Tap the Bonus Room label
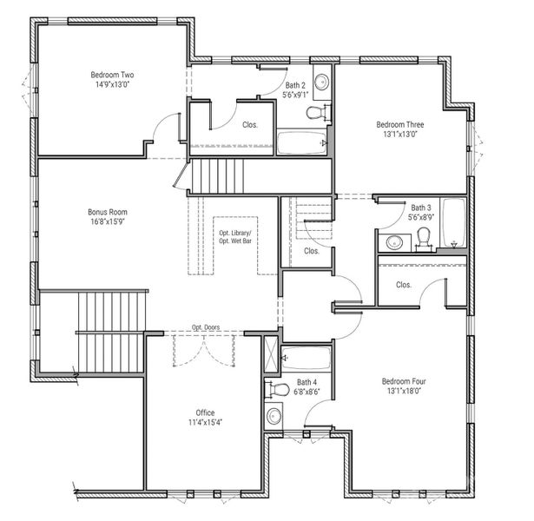(x=108, y=211)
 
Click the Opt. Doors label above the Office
(x=206, y=327)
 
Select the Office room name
(x=205, y=412)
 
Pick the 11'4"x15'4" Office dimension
(x=205, y=423)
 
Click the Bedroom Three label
(x=400, y=124)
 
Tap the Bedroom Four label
(x=405, y=380)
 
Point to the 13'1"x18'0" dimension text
(x=405, y=391)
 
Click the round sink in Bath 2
(x=321, y=83)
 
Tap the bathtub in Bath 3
(x=452, y=222)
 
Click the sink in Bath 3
(x=393, y=241)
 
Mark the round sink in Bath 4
(x=274, y=416)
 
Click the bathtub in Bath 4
(x=307, y=357)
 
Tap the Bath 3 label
(x=420, y=208)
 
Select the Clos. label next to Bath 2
(x=249, y=124)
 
